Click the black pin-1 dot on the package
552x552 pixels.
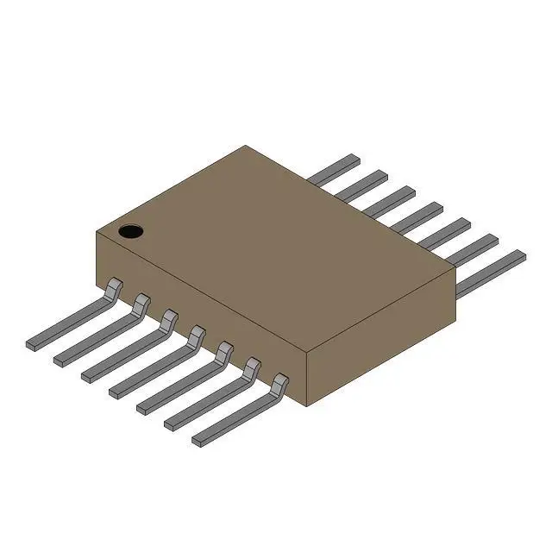coord(130,231)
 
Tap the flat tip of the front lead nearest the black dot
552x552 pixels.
coord(34,343)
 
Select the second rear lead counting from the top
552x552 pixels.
coord(362,184)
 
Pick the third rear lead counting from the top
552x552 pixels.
coord(390,198)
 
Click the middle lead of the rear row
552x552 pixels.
coord(417,214)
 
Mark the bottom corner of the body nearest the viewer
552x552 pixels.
coord(308,406)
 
